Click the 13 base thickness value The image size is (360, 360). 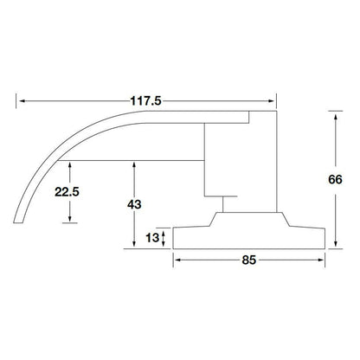pos(152,237)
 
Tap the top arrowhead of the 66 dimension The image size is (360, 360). pos(333,112)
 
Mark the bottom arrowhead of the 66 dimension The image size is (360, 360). pos(333,246)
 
